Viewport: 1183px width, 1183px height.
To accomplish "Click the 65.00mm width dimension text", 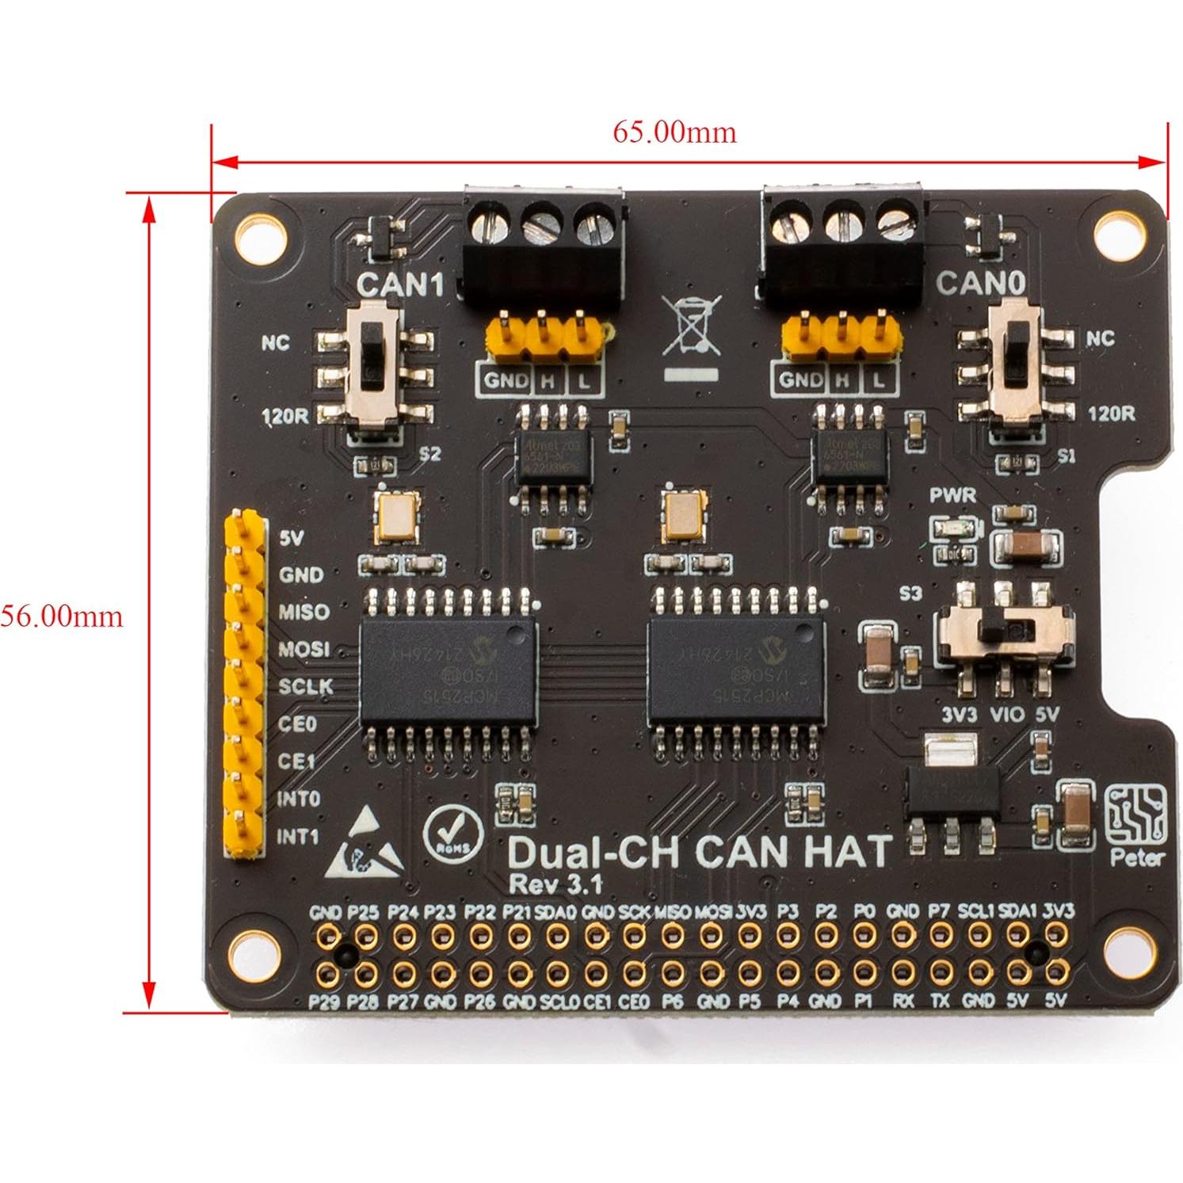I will coord(674,132).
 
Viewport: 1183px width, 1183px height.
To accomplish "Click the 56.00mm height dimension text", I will coord(61,616).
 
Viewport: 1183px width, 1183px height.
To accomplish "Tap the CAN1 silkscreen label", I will coord(400,284).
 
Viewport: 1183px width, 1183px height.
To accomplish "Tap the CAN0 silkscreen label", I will coord(981,283).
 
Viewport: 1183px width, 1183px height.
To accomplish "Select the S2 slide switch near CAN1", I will coord(377,372).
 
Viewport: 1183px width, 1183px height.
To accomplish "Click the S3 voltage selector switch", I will coord(1006,631).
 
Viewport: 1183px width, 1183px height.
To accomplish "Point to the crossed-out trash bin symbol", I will coord(692,326).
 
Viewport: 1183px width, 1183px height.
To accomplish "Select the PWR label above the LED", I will coord(952,496).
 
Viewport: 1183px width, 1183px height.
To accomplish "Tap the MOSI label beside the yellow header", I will coord(303,649).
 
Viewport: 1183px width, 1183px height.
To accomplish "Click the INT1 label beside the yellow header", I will coord(298,836).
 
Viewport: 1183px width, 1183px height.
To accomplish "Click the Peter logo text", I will coord(1137,857).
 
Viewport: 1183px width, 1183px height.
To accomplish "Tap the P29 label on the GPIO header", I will coord(324,1002).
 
